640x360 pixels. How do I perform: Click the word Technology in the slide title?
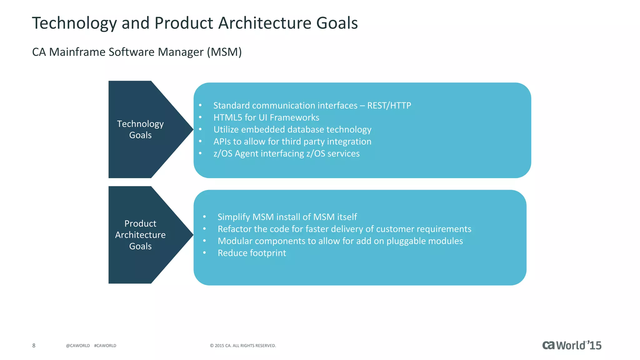coord(74,23)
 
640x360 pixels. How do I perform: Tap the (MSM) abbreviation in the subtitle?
coord(224,52)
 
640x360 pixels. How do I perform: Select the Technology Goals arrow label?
coord(140,129)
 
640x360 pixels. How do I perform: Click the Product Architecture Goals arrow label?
coord(140,235)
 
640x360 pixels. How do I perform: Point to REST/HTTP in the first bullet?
coord(389,106)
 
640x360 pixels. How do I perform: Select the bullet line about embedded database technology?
coord(292,129)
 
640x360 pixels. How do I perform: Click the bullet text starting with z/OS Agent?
coord(286,153)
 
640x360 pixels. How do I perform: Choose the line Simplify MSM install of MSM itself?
coord(287,217)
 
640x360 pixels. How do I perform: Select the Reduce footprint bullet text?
coord(252,253)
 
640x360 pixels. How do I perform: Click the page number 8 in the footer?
coord(34,345)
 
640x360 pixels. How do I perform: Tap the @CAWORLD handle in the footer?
coord(78,346)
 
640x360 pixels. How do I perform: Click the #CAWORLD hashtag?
coord(105,346)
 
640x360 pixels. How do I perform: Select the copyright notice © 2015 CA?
coord(243,346)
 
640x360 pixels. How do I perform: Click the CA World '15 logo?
coord(572,345)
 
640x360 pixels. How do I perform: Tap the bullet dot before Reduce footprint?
coord(204,253)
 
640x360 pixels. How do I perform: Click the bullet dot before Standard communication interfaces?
coord(200,106)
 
